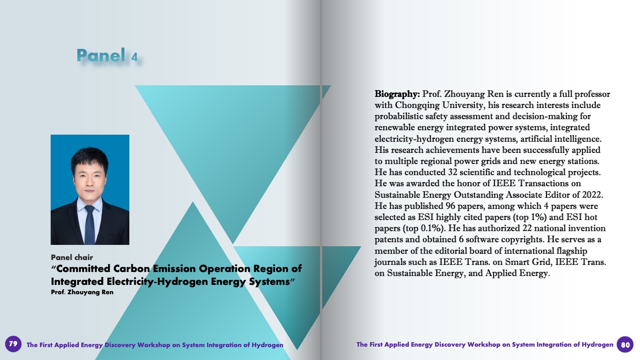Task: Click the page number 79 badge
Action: point(13,344)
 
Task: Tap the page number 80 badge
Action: point(625,344)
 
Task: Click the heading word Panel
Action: point(101,55)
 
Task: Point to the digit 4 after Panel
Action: point(134,57)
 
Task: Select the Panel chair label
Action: point(72,257)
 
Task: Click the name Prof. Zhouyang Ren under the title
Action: point(82,292)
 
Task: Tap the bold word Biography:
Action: point(397,94)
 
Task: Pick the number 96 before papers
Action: point(450,206)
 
